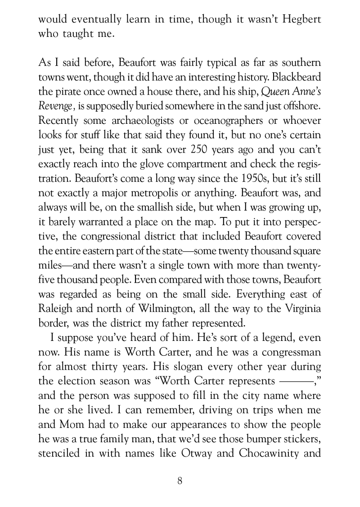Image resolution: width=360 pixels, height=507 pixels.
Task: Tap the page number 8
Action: [180, 480]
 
